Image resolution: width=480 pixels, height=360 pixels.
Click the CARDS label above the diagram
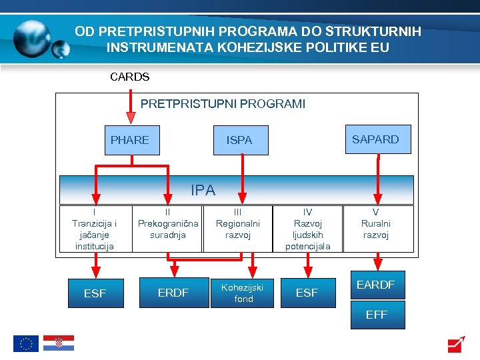pyautogui.click(x=129, y=77)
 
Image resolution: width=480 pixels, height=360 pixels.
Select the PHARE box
pyautogui.click(x=130, y=140)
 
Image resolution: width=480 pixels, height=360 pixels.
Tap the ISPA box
pyautogui.click(x=240, y=140)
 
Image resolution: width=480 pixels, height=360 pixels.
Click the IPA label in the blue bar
pyautogui.click(x=203, y=190)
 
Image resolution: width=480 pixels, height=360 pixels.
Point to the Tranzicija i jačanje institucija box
pyautogui.click(x=94, y=229)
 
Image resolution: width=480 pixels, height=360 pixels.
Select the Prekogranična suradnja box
pyautogui.click(x=167, y=229)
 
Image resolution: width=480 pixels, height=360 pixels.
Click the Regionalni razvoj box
pyautogui.click(x=238, y=229)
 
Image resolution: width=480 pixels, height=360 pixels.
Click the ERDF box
pyautogui.click(x=173, y=293)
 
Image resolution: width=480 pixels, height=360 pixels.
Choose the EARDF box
pyautogui.click(x=376, y=285)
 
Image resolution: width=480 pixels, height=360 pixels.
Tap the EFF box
pyautogui.click(x=376, y=315)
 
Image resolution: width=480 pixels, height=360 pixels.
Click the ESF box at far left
pyautogui.click(x=95, y=293)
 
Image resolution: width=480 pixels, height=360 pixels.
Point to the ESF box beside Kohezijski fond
pyautogui.click(x=307, y=293)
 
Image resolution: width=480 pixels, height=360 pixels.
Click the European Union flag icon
pyautogui.click(x=26, y=343)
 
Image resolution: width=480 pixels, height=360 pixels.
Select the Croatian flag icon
pyautogui.click(x=59, y=343)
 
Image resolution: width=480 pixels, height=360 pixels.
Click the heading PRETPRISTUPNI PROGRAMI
pyautogui.click(x=223, y=104)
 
